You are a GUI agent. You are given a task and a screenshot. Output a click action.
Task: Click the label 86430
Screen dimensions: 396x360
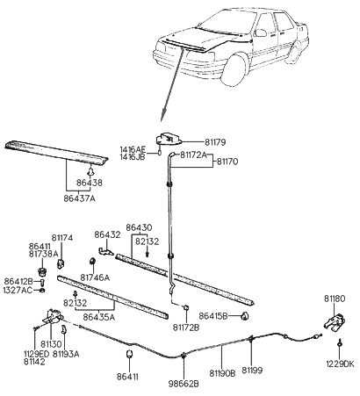[138, 227]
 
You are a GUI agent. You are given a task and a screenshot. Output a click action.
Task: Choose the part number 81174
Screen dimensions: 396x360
[62, 237]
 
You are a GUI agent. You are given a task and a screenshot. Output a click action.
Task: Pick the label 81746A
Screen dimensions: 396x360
[95, 277]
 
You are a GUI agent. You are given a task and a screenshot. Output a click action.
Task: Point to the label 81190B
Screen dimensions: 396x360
[221, 372]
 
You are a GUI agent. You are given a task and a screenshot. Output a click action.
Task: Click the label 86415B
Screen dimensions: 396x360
[213, 314]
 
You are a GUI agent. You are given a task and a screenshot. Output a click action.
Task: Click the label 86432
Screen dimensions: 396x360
[108, 235]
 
